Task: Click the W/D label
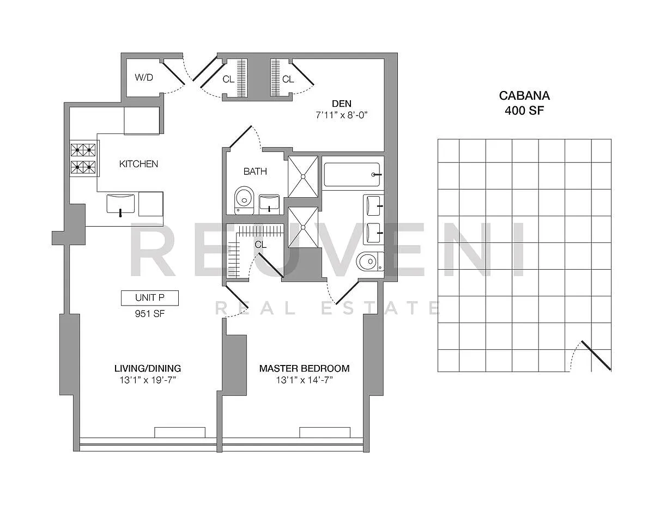point(144,77)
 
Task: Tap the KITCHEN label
point(138,164)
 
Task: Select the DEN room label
point(342,104)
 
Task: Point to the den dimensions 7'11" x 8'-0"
point(342,115)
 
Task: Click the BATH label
point(255,172)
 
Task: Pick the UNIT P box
point(149,298)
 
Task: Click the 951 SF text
point(149,314)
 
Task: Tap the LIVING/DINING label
point(148,368)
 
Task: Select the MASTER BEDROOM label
point(304,368)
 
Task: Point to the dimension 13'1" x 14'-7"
point(304,380)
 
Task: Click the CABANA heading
point(524,96)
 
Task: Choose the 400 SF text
point(524,111)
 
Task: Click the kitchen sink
point(120,204)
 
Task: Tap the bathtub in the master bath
point(352,175)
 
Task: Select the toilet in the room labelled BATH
point(244,200)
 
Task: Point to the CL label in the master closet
point(261,245)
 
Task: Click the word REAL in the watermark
point(256,308)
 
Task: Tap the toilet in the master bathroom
point(370,261)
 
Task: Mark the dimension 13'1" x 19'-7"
point(148,380)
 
